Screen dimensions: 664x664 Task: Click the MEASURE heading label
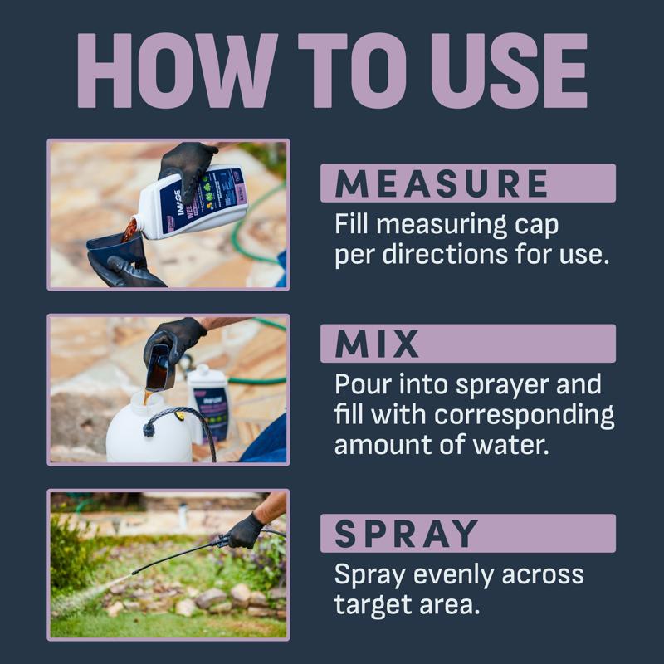[442, 183]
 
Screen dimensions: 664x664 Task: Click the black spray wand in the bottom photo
[174, 559]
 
